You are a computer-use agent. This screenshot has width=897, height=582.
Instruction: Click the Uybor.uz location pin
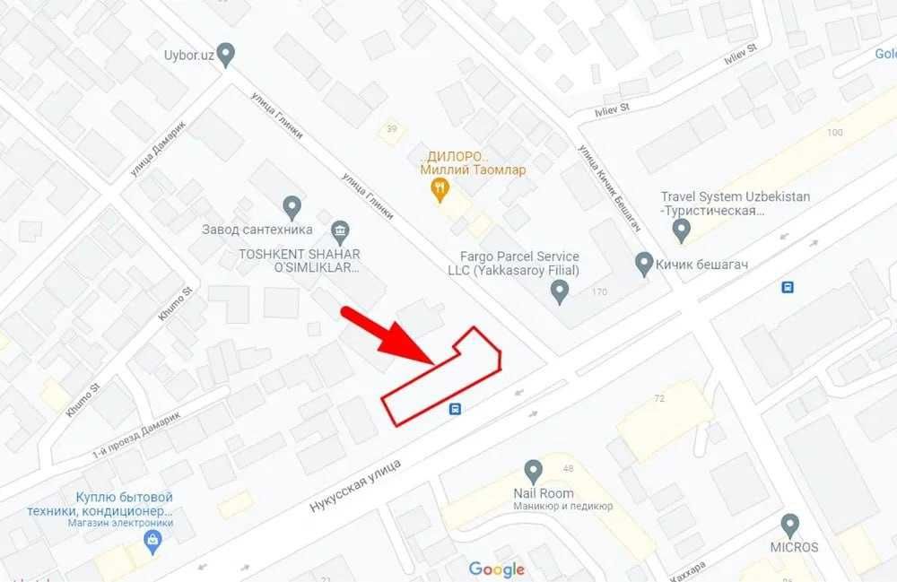(226, 55)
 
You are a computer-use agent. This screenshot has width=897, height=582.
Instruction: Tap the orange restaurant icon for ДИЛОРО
(440, 188)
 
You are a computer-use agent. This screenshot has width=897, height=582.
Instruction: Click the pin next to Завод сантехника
(291, 208)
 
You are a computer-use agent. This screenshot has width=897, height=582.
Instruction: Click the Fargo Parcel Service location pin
(560, 291)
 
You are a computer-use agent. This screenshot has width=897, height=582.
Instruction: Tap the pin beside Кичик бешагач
(642, 264)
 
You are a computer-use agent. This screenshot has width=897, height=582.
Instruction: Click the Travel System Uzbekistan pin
(682, 231)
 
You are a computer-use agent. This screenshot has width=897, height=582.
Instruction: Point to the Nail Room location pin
(534, 470)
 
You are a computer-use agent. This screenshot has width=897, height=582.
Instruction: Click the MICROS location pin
(789, 525)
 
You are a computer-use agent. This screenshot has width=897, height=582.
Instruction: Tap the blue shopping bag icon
(152, 541)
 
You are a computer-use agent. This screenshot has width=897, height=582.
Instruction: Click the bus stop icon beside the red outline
(456, 410)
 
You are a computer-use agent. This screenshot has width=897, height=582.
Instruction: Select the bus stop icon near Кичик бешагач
(788, 288)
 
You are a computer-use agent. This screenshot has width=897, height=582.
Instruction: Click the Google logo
(496, 569)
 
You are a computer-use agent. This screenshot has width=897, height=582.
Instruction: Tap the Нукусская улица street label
(355, 485)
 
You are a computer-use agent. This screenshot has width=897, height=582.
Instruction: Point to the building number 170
(599, 292)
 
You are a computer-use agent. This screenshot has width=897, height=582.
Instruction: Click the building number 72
(659, 397)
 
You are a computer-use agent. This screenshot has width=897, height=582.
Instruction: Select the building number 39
(391, 129)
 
